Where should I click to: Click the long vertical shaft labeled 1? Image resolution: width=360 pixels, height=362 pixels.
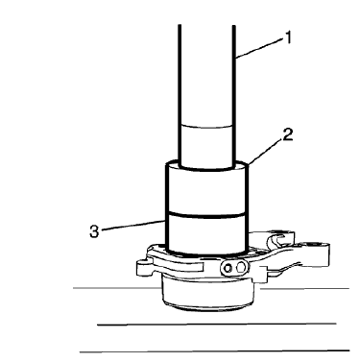click(205, 77)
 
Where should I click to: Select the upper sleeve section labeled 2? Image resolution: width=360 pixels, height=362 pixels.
click(204, 187)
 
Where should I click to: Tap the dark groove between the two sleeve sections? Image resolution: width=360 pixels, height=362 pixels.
click(204, 212)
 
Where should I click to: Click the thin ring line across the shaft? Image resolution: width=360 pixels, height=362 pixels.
click(204, 126)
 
